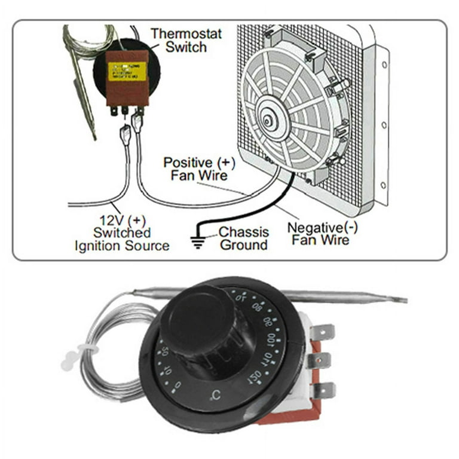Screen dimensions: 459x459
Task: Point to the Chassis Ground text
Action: (243, 238)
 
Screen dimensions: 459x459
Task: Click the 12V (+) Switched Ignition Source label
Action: (121, 232)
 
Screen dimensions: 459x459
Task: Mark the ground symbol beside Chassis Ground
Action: (197, 242)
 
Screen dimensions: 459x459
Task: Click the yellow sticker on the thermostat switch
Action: (127, 71)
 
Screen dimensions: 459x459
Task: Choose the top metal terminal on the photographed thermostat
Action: (324, 331)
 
